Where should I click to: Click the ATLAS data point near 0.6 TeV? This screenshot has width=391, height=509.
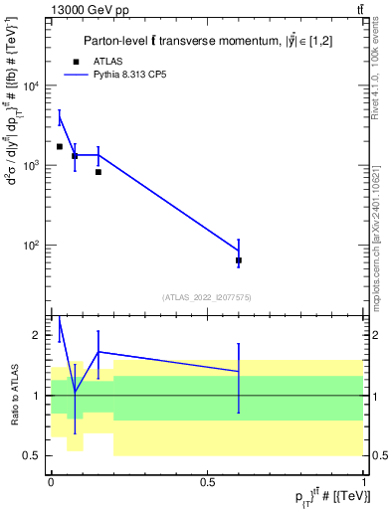pyautogui.click(x=239, y=260)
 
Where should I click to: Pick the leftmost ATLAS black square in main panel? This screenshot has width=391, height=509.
pyautogui.click(x=60, y=147)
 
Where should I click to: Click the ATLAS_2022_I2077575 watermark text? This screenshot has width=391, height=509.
pyautogui.click(x=208, y=296)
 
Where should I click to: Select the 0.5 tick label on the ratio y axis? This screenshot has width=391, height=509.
pyautogui.click(x=33, y=455)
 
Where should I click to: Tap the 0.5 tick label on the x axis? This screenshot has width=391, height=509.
pyautogui.click(x=207, y=481)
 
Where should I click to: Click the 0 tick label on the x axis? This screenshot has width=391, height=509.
pyautogui.click(x=51, y=481)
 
